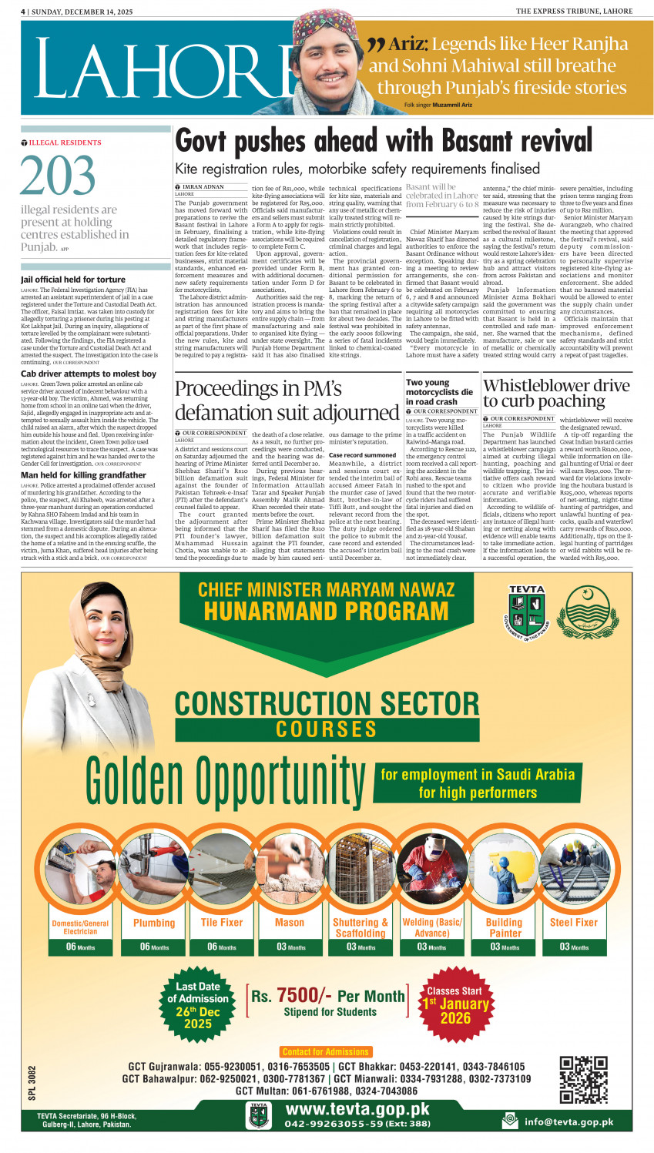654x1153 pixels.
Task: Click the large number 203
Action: pos(47,176)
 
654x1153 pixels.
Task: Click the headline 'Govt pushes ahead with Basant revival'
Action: pos(383,142)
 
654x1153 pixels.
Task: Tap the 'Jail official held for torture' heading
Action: pos(73,280)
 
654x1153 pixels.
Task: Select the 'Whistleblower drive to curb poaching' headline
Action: pos(555,393)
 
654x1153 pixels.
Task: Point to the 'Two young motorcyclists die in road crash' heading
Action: pos(439,391)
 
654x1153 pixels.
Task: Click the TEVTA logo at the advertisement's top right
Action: pos(527,612)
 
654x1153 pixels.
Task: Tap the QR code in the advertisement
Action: pos(583,1079)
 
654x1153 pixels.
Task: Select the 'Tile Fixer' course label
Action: pos(222,922)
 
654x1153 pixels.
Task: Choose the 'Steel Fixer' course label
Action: pos(573,922)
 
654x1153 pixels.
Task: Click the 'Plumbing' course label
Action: pos(154,922)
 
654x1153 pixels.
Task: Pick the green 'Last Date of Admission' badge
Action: pos(197,1004)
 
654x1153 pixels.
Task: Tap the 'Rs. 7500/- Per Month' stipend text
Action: pos(327,996)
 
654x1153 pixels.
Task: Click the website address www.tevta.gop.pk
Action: pos(357,1109)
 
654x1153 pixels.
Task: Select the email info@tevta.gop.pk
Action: pos(568,1121)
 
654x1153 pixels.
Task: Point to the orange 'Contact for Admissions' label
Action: pos(326,1051)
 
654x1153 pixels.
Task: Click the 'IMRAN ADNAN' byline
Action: pos(203,187)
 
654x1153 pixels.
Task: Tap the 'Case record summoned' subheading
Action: pos(362,455)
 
